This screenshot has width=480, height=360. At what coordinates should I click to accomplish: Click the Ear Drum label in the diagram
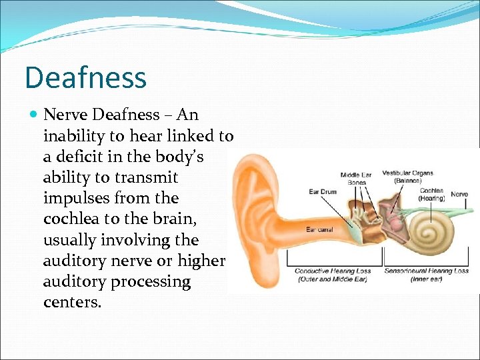pos(323,192)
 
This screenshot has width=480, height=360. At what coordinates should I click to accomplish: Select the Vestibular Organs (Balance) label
pos(407,177)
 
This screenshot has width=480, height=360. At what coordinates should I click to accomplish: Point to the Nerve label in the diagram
pos(459,194)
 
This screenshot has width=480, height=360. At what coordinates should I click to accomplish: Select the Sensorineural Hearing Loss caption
pos(426,275)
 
